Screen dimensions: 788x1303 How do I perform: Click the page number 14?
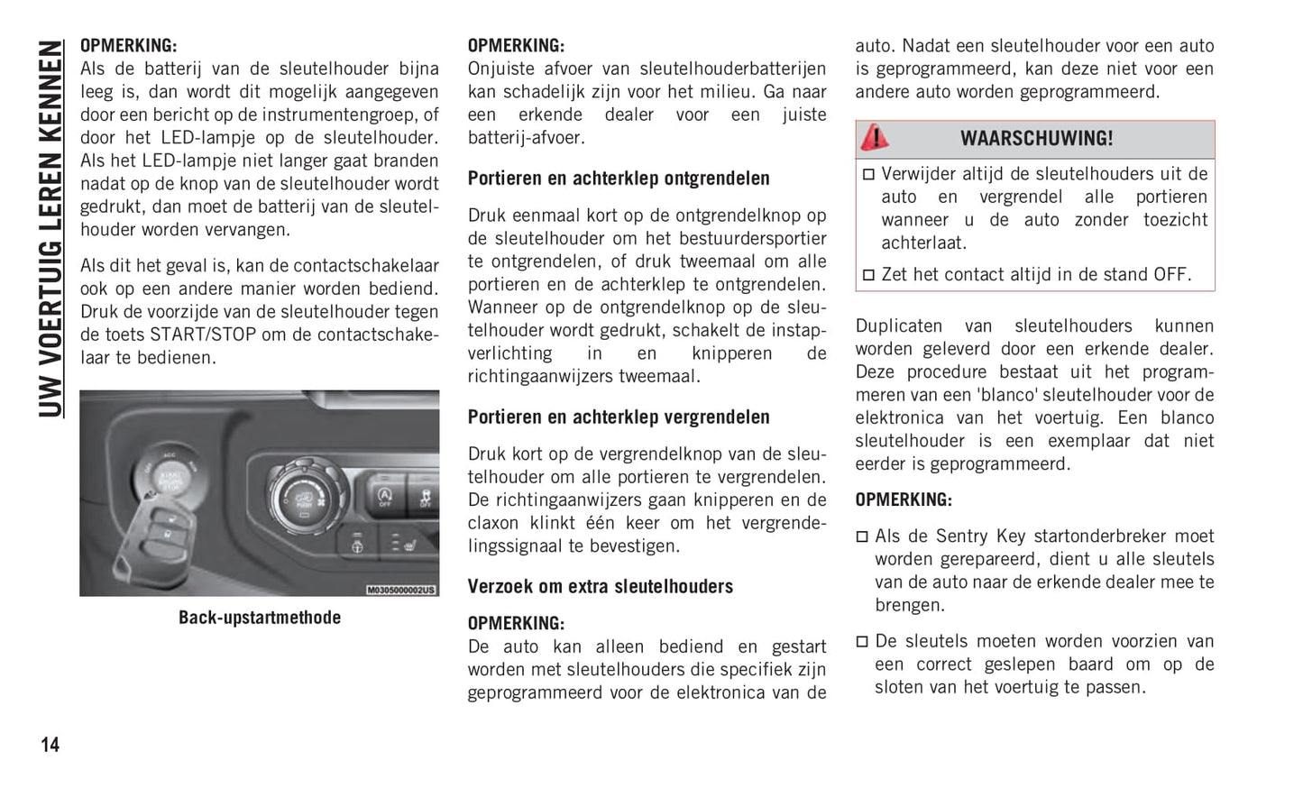[50, 745]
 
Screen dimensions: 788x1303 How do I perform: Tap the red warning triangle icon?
[874, 138]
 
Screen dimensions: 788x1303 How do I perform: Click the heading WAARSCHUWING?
[1036, 139]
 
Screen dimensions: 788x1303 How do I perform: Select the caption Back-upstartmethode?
[260, 618]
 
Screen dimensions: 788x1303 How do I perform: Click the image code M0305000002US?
[401, 590]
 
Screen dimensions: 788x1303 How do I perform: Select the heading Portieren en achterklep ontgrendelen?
[619, 179]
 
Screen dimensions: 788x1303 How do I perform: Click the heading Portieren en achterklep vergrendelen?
[619, 417]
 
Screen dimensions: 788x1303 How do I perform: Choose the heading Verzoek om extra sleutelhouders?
[600, 587]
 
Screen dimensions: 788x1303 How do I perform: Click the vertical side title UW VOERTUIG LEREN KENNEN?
[51, 230]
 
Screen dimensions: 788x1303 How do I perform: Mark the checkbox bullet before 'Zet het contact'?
[868, 275]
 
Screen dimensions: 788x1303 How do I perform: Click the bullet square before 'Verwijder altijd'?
[868, 174]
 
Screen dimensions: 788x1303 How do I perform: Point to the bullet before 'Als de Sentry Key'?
[862, 536]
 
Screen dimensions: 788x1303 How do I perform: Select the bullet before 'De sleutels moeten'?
[862, 642]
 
